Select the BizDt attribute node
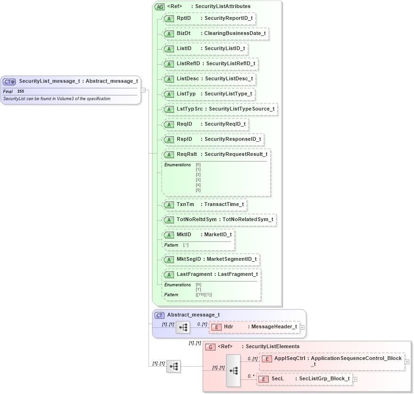[x=215, y=34]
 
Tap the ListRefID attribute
[x=210, y=64]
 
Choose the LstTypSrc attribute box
[x=219, y=109]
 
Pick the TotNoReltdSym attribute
[x=219, y=220]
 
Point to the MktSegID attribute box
[x=211, y=259]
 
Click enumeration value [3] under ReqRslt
[x=198, y=180]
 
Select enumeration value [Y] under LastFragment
[x=198, y=289]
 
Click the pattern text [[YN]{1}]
[x=204, y=295]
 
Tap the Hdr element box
[x=254, y=326]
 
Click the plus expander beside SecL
[x=355, y=379]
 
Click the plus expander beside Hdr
[x=302, y=326]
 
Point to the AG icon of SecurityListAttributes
[x=159, y=7]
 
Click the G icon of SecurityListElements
[x=210, y=347]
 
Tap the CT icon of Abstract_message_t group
[x=159, y=315]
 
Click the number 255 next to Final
[x=21, y=91]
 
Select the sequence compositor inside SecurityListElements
[x=233, y=370]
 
